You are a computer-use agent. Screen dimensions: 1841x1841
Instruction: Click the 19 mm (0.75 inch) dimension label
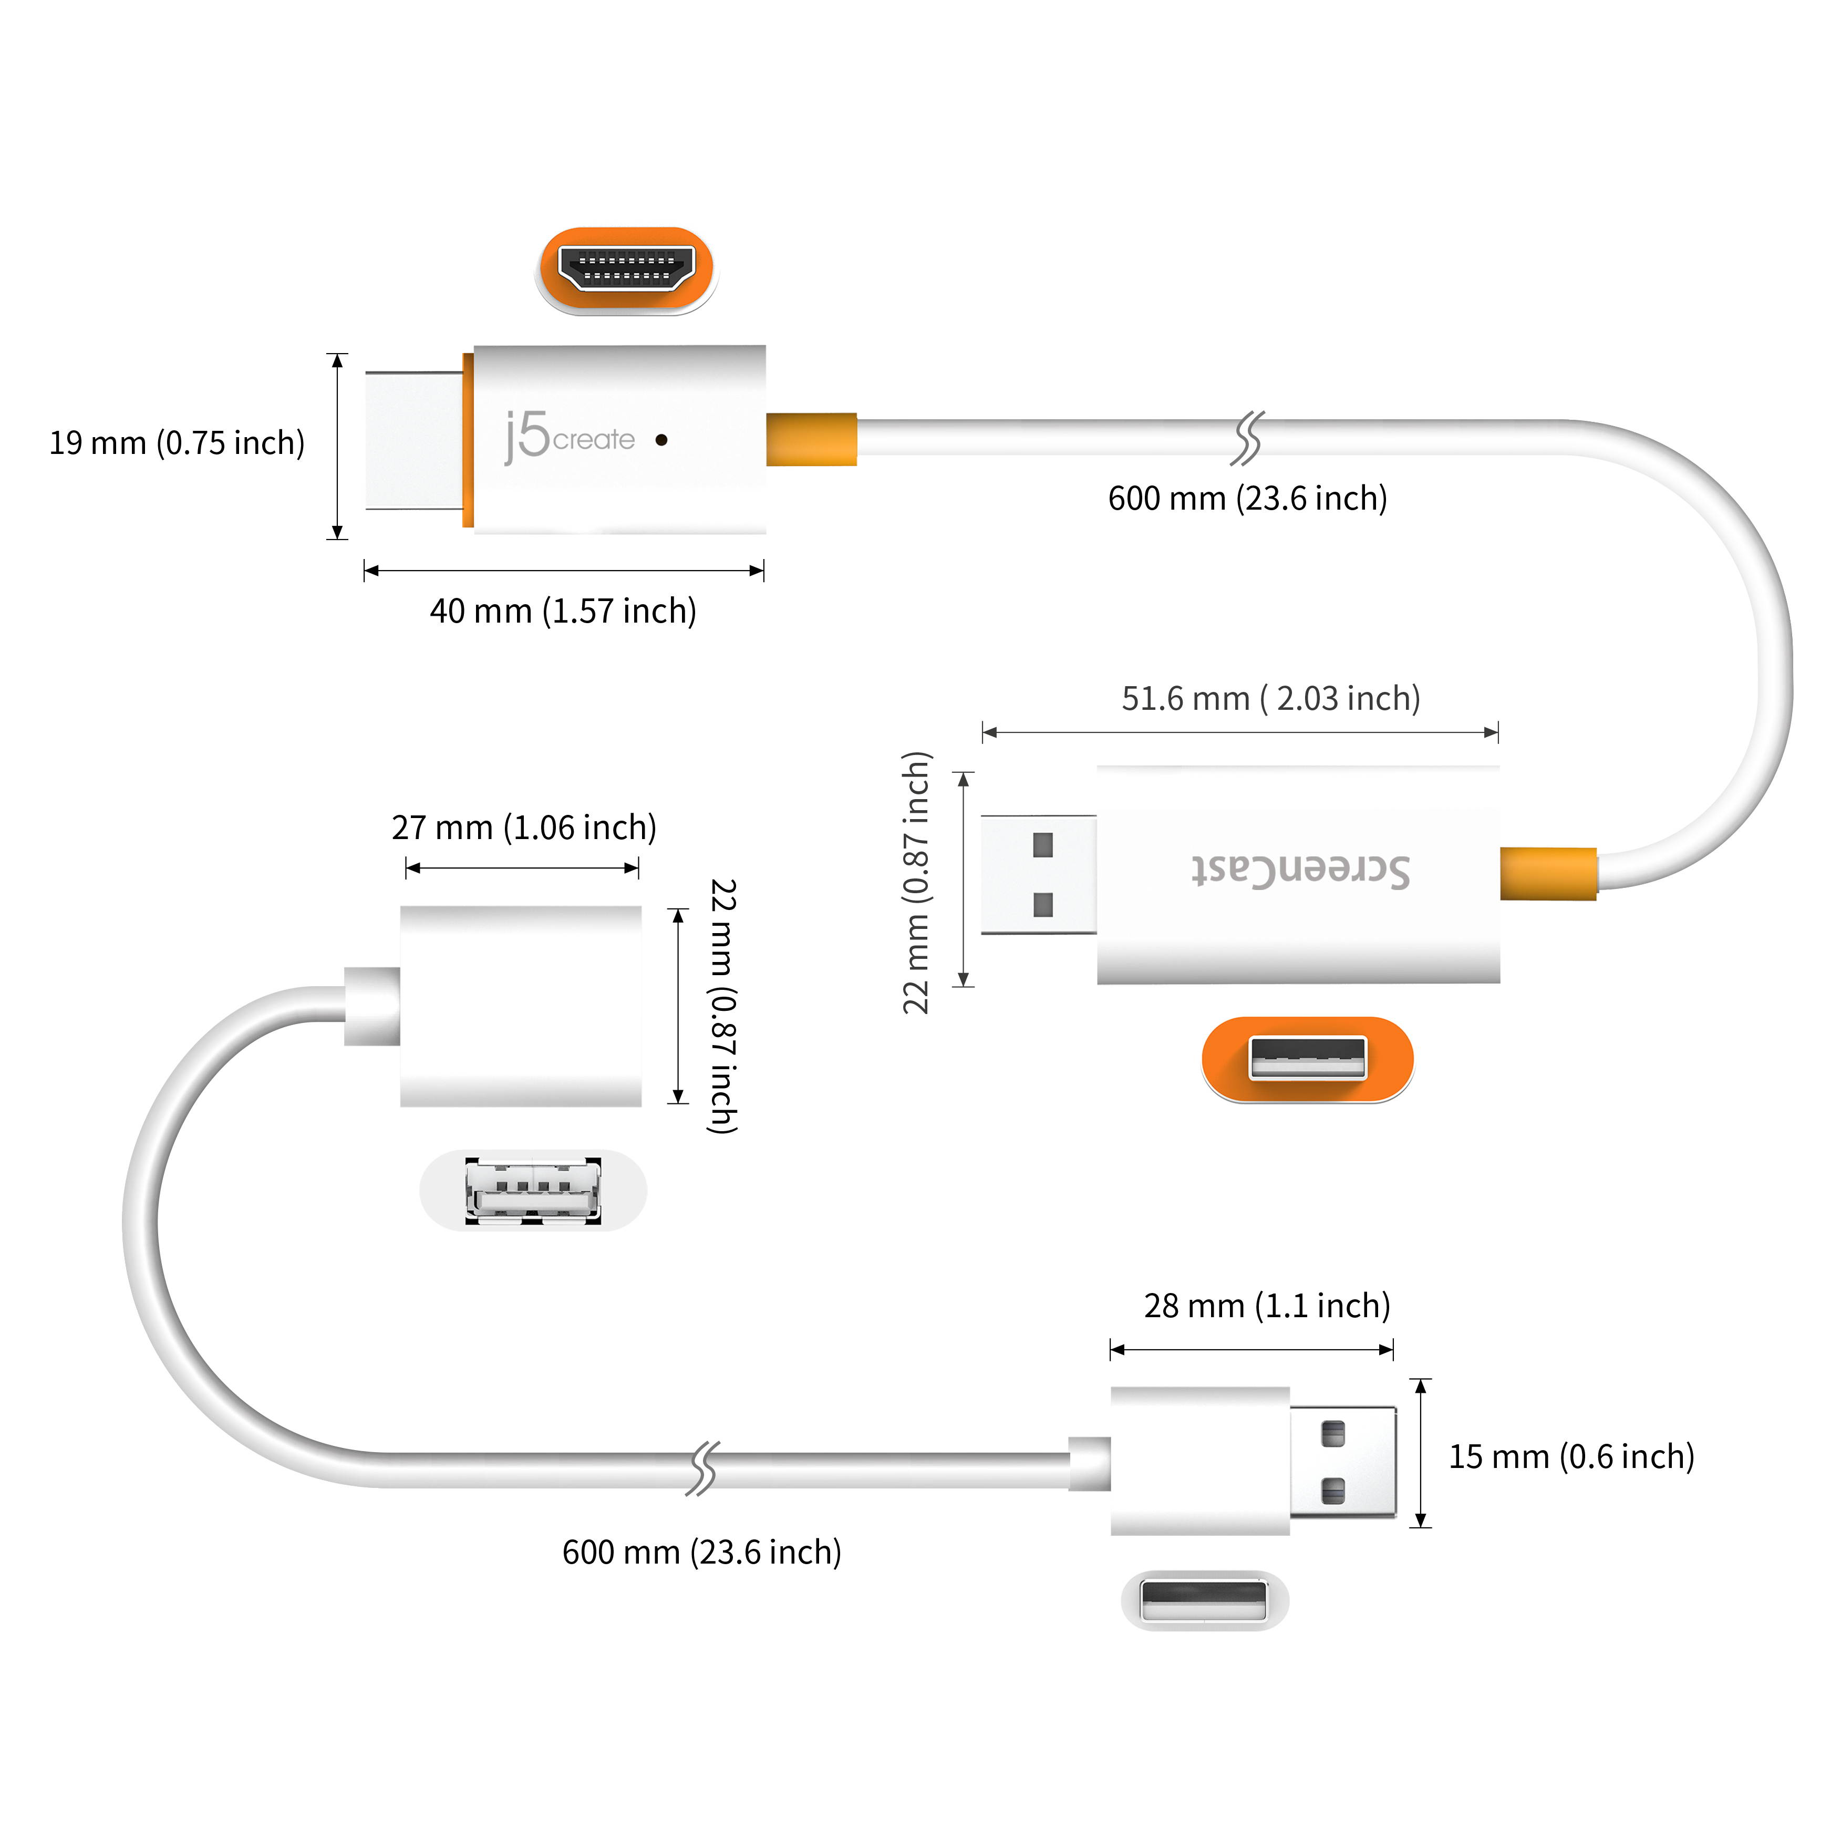177,443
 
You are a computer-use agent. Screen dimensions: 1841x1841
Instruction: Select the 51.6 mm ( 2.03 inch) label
1270,698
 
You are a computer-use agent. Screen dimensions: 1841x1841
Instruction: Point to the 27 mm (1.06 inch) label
524,827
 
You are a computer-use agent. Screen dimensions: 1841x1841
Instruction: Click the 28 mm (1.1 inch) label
1266,1306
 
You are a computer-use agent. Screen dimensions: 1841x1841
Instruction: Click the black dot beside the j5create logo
661,440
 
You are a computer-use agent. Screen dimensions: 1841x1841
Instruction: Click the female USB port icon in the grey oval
533,1190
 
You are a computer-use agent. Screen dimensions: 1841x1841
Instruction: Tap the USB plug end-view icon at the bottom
1204,1600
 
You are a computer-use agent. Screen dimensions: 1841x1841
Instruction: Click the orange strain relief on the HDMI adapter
811,439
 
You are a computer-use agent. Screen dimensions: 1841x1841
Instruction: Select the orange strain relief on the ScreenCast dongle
1547,873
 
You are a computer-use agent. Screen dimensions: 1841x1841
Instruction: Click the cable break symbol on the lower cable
702,1468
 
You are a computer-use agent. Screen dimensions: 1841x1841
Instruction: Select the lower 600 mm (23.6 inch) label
701,1552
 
